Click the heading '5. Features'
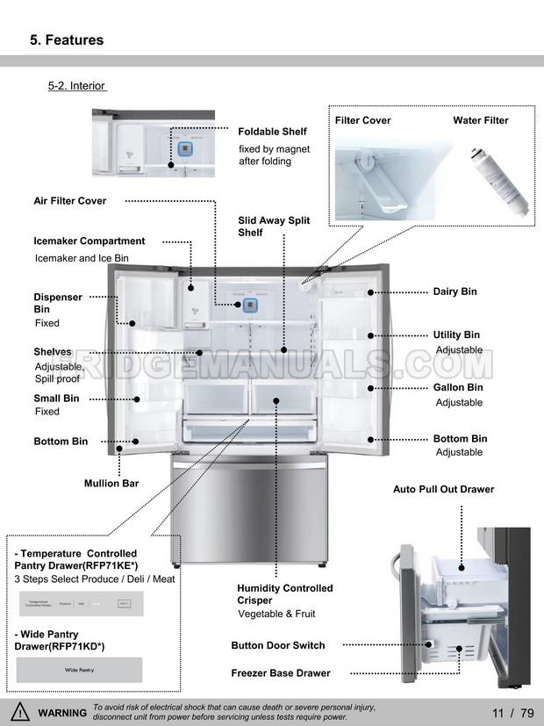click(x=67, y=40)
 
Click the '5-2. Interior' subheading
click(x=76, y=86)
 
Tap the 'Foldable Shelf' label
click(x=272, y=132)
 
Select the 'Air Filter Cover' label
click(x=69, y=201)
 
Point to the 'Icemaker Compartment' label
click(x=89, y=241)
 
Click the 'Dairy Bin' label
click(x=455, y=291)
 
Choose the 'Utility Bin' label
click(x=456, y=335)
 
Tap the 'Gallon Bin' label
click(x=457, y=388)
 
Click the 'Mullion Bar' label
click(x=111, y=484)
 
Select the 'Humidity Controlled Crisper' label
click(x=284, y=594)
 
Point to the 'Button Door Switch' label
click(x=277, y=646)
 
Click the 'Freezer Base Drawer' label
click(x=281, y=673)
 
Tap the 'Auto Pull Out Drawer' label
click(x=443, y=490)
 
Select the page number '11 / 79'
click(x=513, y=713)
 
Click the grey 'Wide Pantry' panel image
click(x=78, y=670)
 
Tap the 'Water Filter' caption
click(x=480, y=121)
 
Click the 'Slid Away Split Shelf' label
click(x=273, y=226)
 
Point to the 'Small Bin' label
click(x=56, y=399)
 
